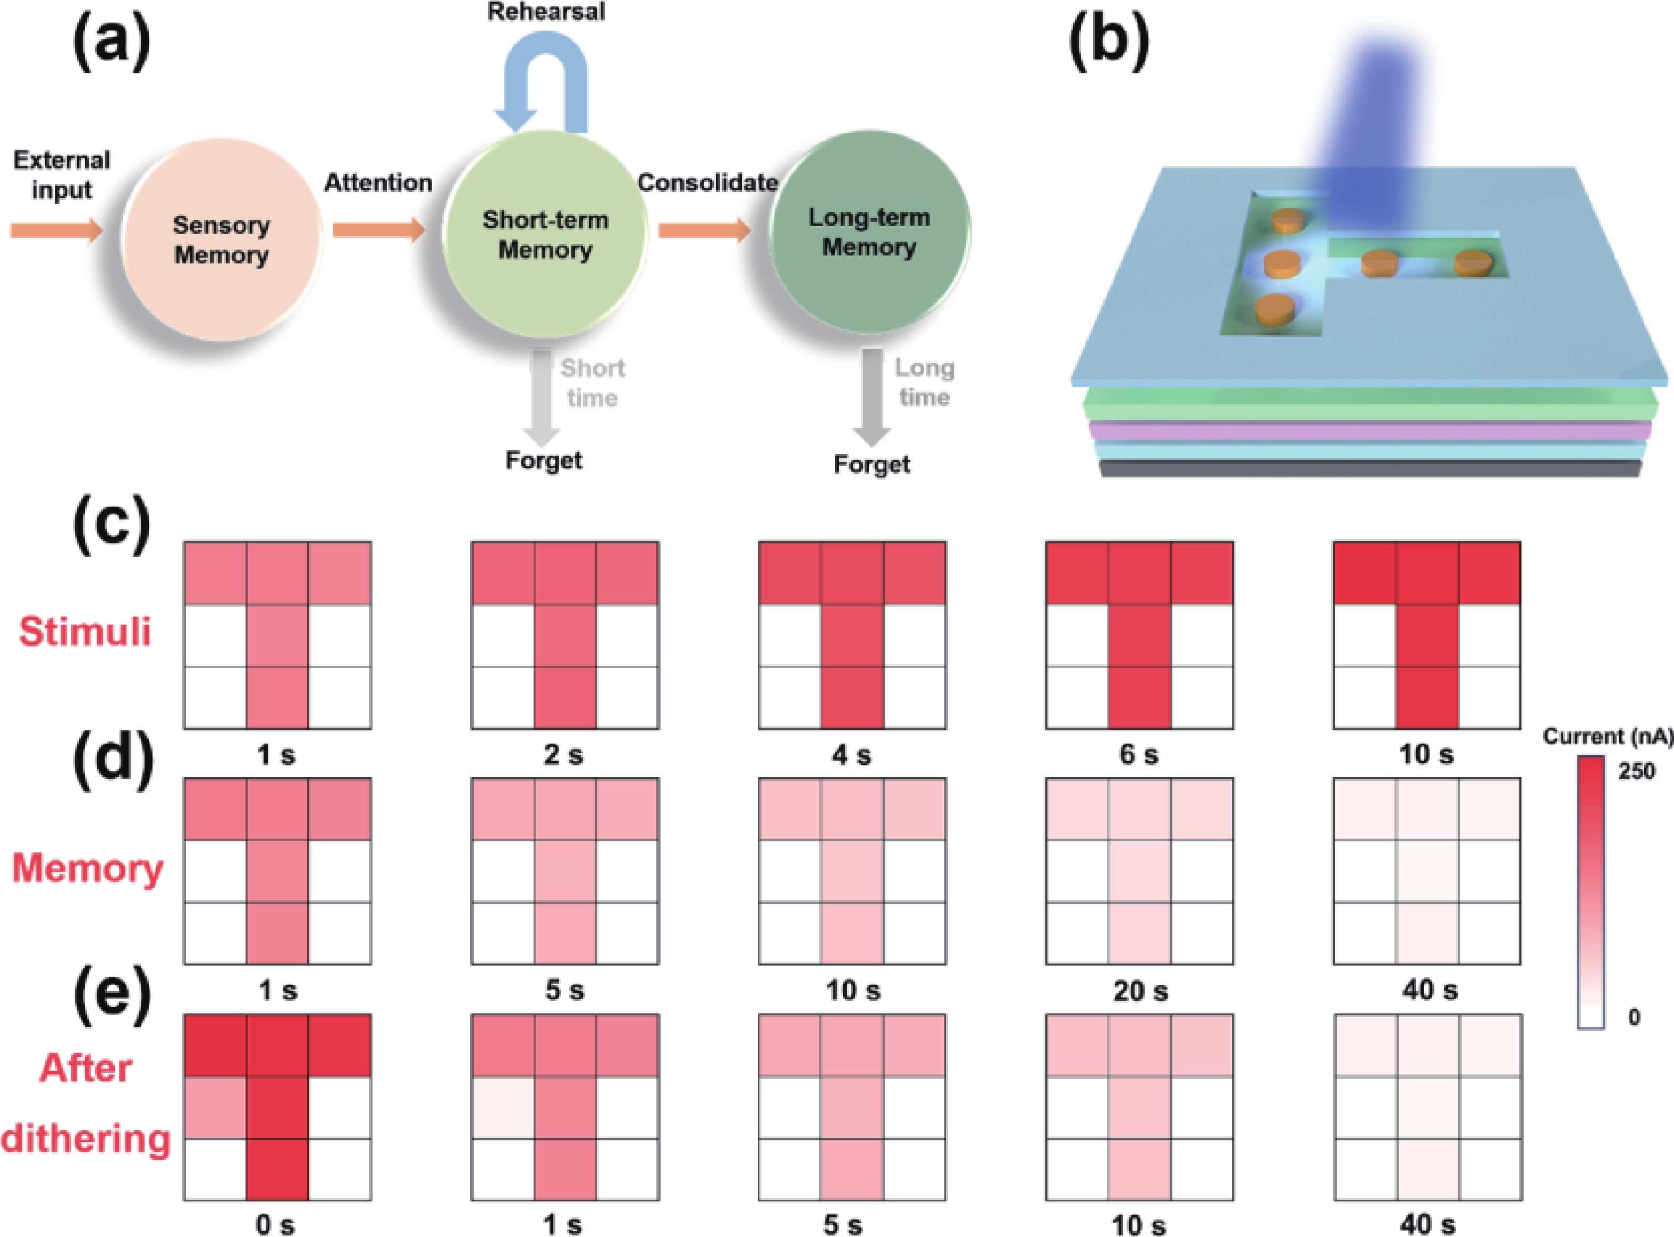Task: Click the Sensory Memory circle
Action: click(x=221, y=240)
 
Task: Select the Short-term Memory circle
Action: click(x=545, y=234)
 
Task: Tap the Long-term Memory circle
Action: click(x=869, y=232)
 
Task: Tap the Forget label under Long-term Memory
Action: click(x=872, y=464)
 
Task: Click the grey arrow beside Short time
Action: click(x=541, y=397)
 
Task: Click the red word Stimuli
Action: click(x=84, y=631)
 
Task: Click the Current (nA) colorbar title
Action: click(x=1608, y=737)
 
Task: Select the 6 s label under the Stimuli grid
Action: click(x=1138, y=755)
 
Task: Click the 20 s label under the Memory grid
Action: click(x=1140, y=992)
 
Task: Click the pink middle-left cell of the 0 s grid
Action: click(x=216, y=1107)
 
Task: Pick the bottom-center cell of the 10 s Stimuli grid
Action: click(x=1427, y=697)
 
